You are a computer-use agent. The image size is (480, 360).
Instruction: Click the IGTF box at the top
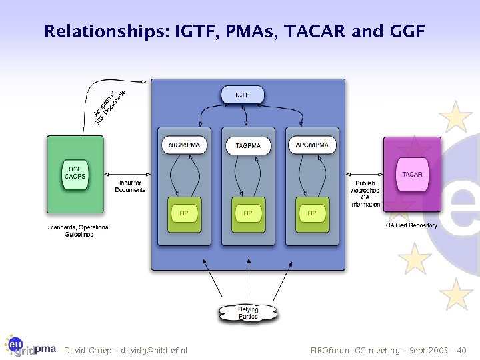[x=243, y=95]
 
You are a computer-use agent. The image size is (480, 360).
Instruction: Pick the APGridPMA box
[x=311, y=145]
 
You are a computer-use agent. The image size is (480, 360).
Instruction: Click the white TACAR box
[x=412, y=175]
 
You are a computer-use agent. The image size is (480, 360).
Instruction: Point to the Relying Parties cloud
[x=248, y=313]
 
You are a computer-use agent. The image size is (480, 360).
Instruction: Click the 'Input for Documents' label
[x=130, y=187]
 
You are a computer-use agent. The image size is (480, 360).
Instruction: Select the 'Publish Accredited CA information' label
[x=365, y=194]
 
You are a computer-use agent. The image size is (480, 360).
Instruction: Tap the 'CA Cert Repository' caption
[x=411, y=225]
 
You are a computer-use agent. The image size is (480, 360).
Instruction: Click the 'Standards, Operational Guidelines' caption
[x=78, y=231]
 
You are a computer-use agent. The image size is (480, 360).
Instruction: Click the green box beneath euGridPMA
[x=184, y=214]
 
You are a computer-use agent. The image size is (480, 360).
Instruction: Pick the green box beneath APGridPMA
[x=311, y=214]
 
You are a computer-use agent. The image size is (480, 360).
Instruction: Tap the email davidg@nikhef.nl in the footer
[x=154, y=350]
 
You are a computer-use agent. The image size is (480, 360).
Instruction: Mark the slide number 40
[x=461, y=350]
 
